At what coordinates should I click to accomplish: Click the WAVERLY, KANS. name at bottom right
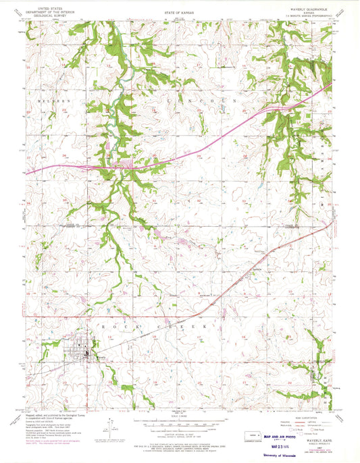315,421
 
